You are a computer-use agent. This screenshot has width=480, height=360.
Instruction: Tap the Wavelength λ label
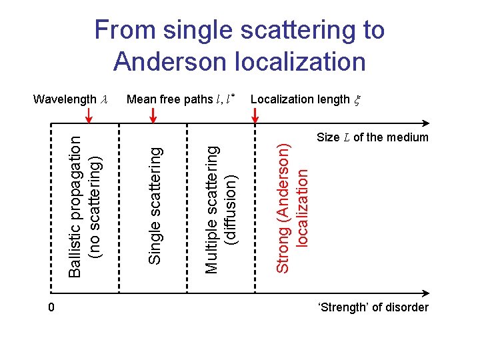click(70, 99)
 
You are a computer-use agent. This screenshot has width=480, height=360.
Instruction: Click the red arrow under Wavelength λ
click(91, 116)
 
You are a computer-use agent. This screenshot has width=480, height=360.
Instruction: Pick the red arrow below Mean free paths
click(153, 116)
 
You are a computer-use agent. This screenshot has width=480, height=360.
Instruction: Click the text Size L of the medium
click(372, 138)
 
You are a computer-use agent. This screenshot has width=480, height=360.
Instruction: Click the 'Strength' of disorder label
click(374, 307)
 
